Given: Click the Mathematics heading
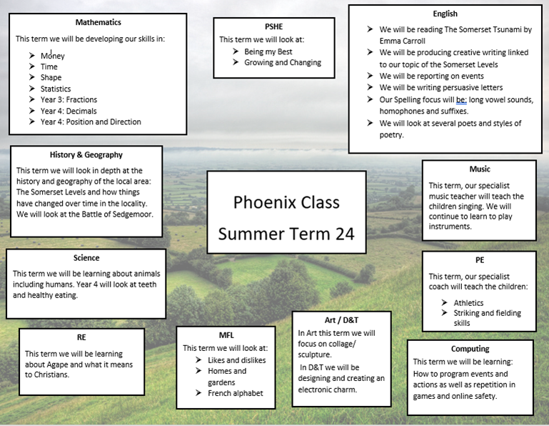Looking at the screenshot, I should [x=98, y=23].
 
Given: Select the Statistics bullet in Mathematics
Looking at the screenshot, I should [x=56, y=89].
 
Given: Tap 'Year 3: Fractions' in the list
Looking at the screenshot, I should [x=69, y=100].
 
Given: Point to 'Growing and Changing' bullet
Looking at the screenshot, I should [x=283, y=63].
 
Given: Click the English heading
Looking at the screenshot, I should [x=445, y=14].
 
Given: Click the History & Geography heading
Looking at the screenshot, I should [x=86, y=154].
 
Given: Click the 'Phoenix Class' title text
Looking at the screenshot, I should [x=286, y=202].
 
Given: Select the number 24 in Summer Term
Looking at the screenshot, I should [x=341, y=234].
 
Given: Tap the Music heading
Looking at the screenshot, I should [x=479, y=169].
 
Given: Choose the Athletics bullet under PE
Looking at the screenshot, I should [x=468, y=303].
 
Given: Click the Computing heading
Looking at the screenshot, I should [x=470, y=349].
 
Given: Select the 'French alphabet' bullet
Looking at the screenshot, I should [x=236, y=393].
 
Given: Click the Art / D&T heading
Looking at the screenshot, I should [x=341, y=319].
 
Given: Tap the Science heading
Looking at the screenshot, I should [x=86, y=258].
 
